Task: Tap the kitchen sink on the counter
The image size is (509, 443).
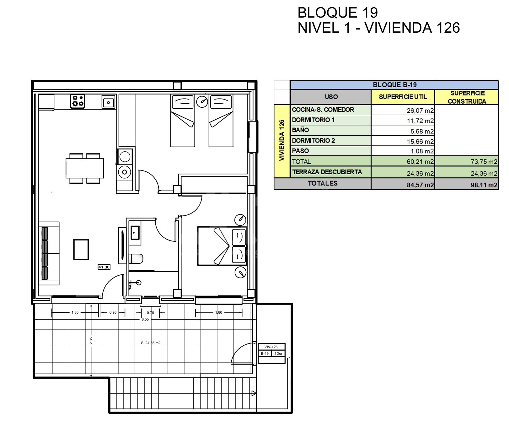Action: [x=109, y=102]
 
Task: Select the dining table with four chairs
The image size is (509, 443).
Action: [x=85, y=168]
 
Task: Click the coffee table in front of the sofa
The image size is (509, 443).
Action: [x=81, y=250]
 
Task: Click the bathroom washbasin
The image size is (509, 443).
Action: [x=135, y=233]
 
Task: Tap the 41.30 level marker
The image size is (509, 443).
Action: [x=104, y=267]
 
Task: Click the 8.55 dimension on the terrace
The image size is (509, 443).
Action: [x=145, y=319]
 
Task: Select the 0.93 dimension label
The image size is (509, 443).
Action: [x=113, y=312]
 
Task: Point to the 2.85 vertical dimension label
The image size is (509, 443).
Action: [x=91, y=341]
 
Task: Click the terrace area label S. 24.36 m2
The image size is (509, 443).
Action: [x=151, y=343]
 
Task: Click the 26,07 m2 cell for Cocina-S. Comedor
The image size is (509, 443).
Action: [x=420, y=111]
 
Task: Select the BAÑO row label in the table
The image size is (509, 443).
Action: [x=300, y=130]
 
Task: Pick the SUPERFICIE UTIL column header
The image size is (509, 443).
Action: [x=403, y=97]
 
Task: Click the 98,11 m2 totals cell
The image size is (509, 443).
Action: [x=484, y=185]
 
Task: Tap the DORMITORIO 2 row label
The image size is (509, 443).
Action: [x=313, y=141]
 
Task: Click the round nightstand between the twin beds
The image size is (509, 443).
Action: [x=202, y=101]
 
